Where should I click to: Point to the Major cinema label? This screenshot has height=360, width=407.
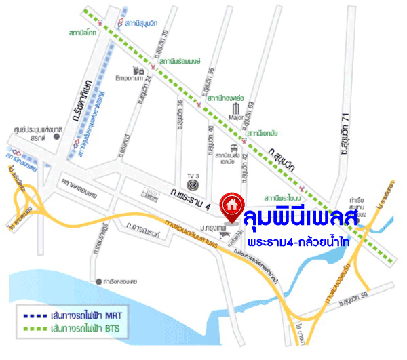point(236,117)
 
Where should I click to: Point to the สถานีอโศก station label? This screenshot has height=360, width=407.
point(82,32)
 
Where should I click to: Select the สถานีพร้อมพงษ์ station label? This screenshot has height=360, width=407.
point(180,62)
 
